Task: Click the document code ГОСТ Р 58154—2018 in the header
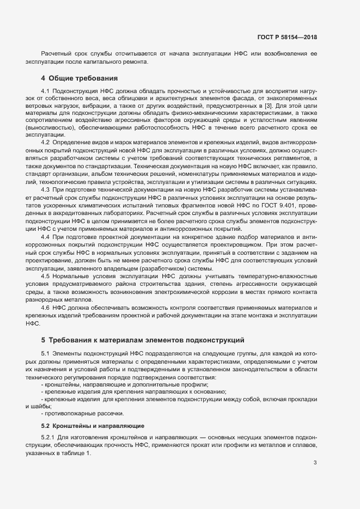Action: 287,37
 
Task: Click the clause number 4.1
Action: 46,90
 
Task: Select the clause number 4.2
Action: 46,142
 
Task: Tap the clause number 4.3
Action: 46,189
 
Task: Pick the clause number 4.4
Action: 46,237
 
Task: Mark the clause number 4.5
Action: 46,276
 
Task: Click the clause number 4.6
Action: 46,308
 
